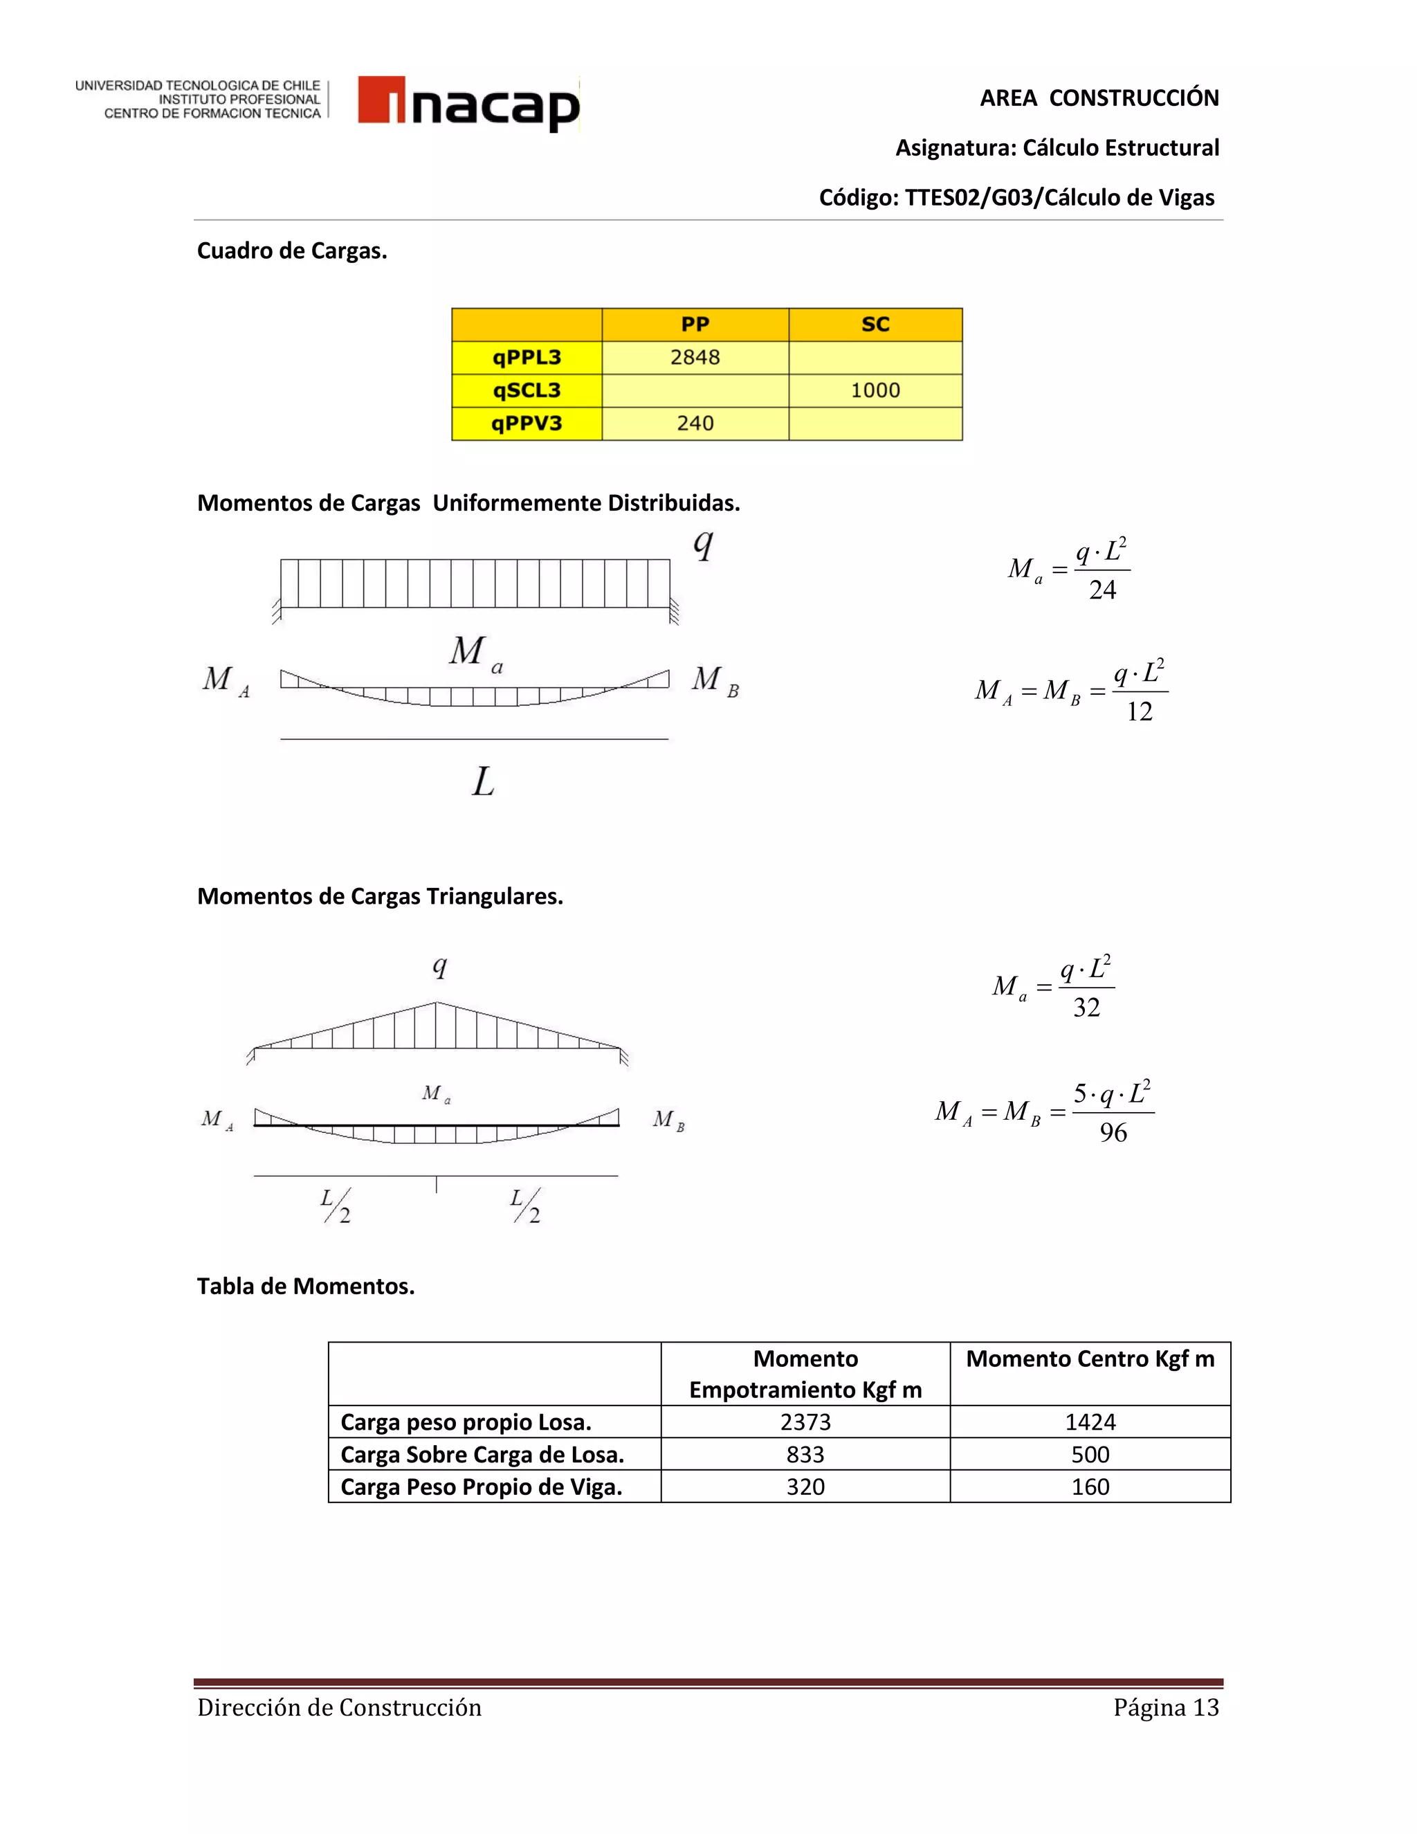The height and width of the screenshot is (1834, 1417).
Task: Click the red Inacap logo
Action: tap(468, 104)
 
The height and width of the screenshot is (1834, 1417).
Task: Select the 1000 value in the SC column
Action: tap(875, 390)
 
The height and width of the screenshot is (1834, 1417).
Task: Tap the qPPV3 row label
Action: tap(527, 424)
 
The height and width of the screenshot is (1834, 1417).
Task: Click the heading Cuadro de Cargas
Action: tap(291, 251)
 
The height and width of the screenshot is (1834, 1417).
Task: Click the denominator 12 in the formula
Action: tap(1139, 712)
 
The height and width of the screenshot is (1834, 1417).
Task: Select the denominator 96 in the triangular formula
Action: tap(1113, 1133)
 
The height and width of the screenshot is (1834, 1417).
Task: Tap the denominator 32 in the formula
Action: tap(1086, 1008)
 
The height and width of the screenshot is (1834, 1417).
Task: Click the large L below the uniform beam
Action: tap(483, 783)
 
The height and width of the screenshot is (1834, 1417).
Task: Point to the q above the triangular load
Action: tap(439, 968)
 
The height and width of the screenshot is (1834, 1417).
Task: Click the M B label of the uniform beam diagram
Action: tap(714, 680)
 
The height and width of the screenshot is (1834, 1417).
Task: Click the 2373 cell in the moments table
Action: tap(805, 1422)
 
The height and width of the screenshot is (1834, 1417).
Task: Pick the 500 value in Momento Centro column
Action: tap(1090, 1455)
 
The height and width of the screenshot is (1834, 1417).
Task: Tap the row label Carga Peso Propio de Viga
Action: tap(481, 1487)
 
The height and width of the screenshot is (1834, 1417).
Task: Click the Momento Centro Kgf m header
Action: tap(1090, 1359)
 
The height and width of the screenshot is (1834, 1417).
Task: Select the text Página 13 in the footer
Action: tap(1165, 1707)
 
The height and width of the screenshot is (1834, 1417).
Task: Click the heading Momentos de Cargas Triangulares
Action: tap(379, 896)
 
